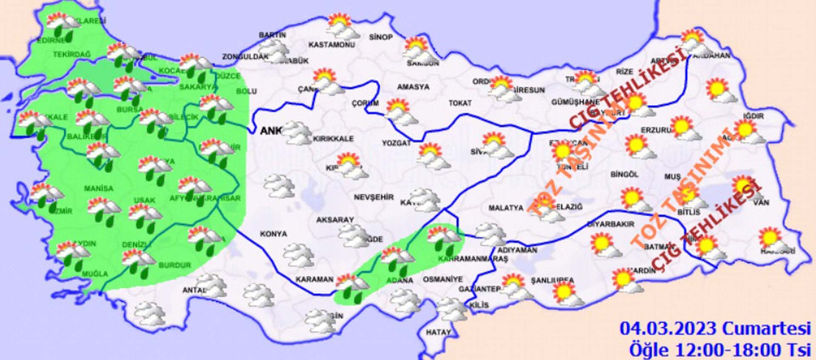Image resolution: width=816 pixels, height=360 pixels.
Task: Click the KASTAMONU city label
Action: coord(331,45)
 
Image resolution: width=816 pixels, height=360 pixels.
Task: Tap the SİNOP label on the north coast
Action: coord(381,37)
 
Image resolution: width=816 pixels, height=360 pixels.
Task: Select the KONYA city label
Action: coord(273,234)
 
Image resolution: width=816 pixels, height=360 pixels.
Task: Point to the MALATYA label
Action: coord(506,208)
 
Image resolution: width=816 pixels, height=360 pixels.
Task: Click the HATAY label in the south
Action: coord(438,332)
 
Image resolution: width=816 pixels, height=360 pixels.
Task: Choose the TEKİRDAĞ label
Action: coord(72,54)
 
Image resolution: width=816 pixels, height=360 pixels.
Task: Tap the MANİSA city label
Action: coord(99,188)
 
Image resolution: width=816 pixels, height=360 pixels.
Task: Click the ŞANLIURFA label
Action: coord(552,281)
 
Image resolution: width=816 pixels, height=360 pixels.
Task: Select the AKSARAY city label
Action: coord(335,220)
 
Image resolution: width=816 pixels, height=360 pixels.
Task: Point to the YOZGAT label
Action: coord(396,143)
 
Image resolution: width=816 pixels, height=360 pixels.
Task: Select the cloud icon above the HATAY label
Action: coord(452,309)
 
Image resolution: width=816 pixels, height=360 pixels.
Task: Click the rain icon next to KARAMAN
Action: coord(352,288)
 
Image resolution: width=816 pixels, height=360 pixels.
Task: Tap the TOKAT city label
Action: coord(460,103)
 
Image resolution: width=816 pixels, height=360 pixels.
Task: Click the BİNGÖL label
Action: coord(624,175)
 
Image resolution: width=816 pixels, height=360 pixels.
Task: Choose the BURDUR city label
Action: coord(175,265)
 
